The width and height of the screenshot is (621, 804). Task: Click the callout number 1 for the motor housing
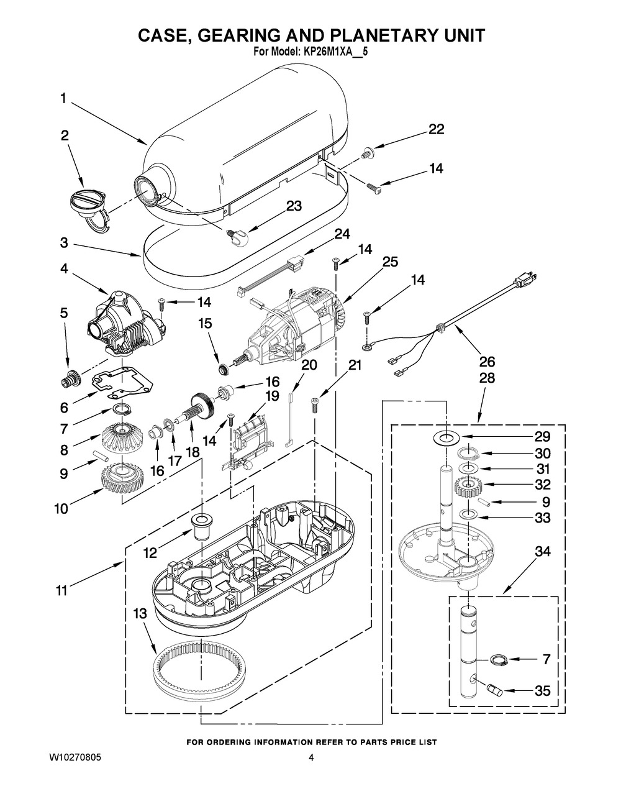(63, 98)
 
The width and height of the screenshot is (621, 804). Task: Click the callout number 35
(542, 690)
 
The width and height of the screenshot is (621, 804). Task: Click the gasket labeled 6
(122, 384)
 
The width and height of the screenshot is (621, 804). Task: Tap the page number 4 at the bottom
(311, 759)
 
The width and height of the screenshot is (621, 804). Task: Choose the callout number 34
(542, 551)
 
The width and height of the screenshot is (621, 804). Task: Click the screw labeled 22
(367, 150)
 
